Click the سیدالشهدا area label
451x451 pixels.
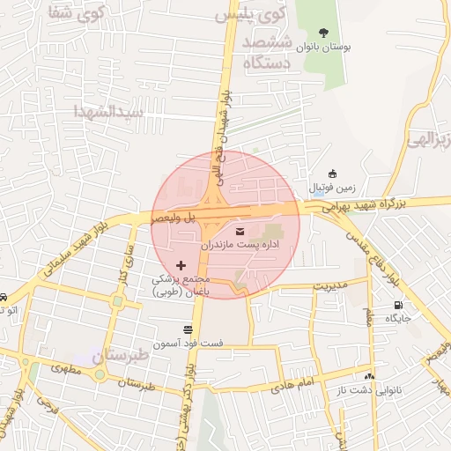point(105,112)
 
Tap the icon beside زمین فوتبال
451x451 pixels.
point(332,174)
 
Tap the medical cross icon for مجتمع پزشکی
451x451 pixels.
point(181,265)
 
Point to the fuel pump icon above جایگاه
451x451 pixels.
point(398,306)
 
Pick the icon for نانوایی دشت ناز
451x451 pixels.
point(370,375)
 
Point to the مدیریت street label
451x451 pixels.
point(332,285)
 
